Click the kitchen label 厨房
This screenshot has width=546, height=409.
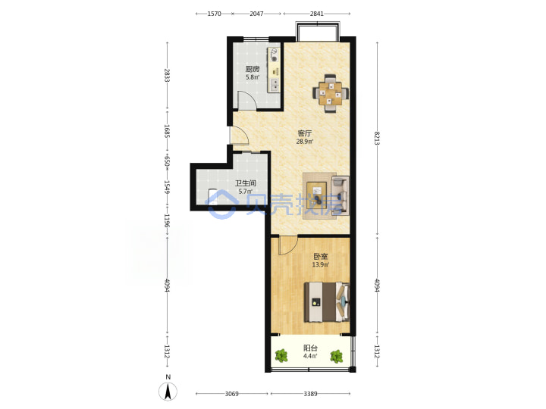253,69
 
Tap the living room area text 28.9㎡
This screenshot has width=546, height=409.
305,142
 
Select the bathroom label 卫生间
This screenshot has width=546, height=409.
246,183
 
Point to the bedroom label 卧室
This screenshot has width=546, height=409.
320,257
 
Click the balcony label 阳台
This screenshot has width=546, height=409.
310,348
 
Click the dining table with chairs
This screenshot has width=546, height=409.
331,93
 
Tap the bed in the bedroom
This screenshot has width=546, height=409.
327,302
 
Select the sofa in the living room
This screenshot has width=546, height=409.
340,195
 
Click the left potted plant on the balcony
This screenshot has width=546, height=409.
281,356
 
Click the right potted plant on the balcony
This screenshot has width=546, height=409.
337,356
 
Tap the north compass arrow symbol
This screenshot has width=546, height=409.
168,392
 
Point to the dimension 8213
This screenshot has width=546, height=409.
377,138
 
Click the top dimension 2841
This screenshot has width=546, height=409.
317,14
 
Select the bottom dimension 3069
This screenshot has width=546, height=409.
231,394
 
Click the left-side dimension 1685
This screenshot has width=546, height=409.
167,131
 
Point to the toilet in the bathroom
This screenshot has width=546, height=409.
212,196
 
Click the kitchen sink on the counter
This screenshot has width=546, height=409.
275,85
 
